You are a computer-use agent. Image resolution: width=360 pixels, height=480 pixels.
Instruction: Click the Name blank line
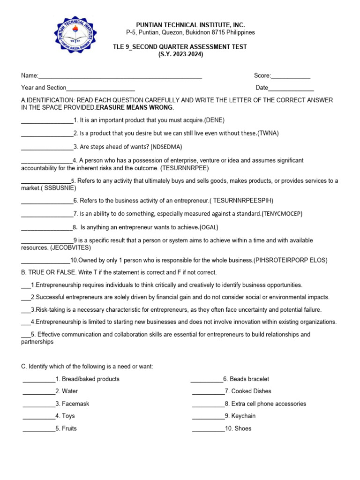pos(120,76)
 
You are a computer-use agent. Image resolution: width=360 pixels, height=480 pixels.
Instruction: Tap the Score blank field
pos(291,76)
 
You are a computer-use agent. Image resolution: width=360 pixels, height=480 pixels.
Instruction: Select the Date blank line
pos(291,88)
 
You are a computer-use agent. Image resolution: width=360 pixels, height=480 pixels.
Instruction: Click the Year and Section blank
pos(101,88)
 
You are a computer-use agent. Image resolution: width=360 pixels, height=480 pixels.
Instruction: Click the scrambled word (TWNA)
pos(269,133)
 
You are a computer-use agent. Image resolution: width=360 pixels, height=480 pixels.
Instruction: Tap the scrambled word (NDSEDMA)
pos(166,147)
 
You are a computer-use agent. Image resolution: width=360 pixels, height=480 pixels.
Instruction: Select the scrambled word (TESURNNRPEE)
pos(185,167)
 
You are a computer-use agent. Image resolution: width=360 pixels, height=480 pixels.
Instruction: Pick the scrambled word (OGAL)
pos(209,227)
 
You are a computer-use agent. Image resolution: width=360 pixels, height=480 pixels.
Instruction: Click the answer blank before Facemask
pos(38,404)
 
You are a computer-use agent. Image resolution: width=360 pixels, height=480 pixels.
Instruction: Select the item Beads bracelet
pos(249,379)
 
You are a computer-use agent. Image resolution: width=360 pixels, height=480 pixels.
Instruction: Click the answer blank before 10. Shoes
pos(208,428)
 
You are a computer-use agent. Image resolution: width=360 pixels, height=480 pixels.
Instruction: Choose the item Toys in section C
pos(68,416)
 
